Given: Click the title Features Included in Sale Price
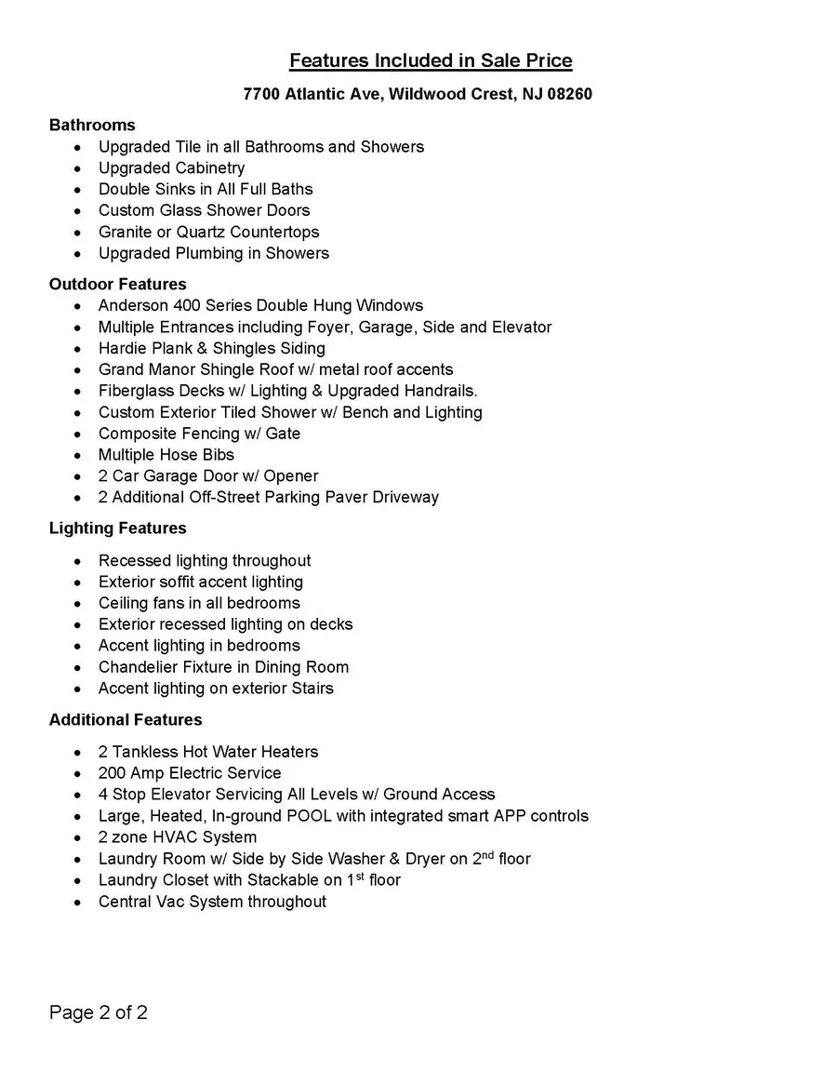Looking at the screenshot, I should coord(431,61).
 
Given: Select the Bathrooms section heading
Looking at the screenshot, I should coord(92,125).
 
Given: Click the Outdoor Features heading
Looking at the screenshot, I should coord(117,284).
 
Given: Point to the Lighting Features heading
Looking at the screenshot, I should coord(117,528).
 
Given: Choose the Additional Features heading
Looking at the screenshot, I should coord(126,719).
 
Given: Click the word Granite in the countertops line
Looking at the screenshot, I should coord(126,232).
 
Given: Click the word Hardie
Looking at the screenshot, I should coord(122,348).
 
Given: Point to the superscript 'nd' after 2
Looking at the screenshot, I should coord(486,854).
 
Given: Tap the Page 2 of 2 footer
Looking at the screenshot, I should coord(98,1012).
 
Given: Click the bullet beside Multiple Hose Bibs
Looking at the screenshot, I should coord(76,455).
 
